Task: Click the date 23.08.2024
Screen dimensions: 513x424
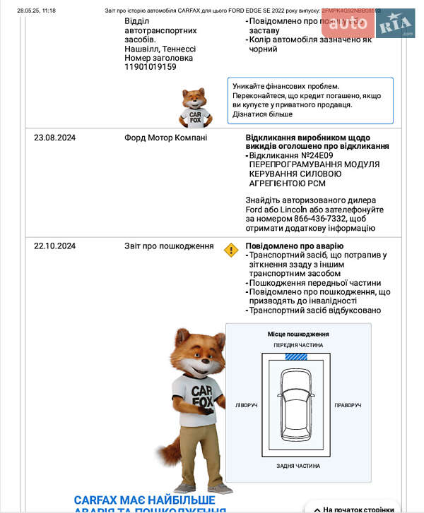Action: pos(54,138)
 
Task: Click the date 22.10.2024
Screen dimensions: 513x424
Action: pos(54,246)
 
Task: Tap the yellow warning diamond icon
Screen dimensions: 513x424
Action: pos(231,250)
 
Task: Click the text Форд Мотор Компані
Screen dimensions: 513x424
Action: pos(166,138)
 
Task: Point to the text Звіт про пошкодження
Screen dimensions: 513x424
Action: pos(169,246)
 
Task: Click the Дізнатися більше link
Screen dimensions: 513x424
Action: pos(262,114)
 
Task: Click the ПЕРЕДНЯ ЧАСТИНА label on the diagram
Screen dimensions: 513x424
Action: pos(298,346)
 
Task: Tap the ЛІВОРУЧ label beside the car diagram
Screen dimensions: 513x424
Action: pos(247,406)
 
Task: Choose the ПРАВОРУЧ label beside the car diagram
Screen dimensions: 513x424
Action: pos(348,406)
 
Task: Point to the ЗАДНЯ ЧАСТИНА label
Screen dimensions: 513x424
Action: pos(298,466)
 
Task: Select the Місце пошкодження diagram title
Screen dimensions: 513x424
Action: pos(298,334)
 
